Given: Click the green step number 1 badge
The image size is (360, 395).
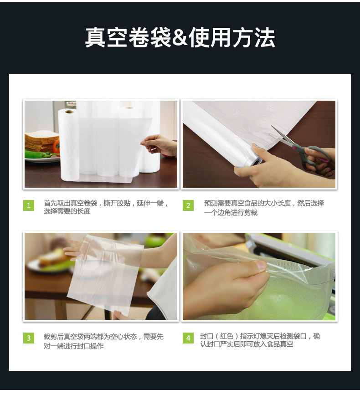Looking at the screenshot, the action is pos(29,205).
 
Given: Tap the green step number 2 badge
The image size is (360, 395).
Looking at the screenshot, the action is pos(188,205).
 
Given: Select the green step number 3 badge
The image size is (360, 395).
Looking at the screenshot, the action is pos(29,338).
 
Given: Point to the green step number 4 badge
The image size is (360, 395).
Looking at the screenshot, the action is pos(188,338).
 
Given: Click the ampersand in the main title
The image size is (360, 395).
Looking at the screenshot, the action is pos(180,38).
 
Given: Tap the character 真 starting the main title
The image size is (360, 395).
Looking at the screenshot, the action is pos(95,37).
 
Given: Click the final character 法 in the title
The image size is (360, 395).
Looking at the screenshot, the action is pos(264,37).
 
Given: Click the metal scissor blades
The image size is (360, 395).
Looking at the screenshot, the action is pos(283,136).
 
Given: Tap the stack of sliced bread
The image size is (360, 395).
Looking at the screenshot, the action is pos(42,141).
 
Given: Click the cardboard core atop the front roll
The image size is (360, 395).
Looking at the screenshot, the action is pos(70,112).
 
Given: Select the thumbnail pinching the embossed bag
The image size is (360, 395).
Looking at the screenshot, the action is pos(260,265).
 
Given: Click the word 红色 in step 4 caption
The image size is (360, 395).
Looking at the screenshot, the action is pos(226,336).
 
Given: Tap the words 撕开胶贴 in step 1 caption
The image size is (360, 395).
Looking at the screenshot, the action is pos(117,203).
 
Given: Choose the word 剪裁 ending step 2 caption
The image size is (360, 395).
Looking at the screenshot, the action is pos(251,213).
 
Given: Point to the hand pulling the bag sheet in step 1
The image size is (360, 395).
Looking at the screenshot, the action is pos(159,145).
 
